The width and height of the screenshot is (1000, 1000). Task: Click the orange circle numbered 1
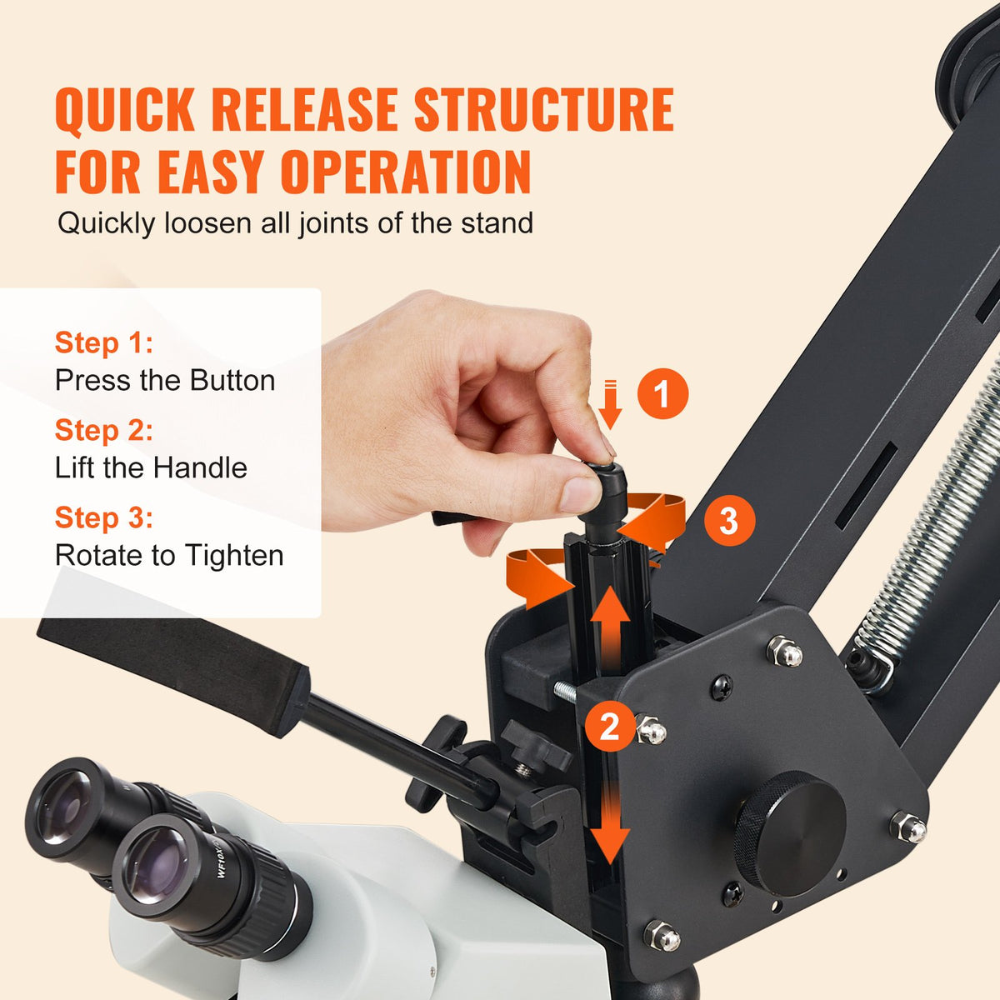[x=662, y=393]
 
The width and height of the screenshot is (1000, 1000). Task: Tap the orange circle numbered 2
[x=609, y=727]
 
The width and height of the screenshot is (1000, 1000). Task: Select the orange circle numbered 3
[x=728, y=521]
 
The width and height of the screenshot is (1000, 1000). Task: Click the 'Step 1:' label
[x=104, y=342]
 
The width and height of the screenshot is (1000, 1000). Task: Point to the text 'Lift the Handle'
[x=151, y=467]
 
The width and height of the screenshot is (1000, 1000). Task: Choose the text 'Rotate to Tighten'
[x=169, y=555]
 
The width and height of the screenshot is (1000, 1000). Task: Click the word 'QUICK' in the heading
[x=125, y=110]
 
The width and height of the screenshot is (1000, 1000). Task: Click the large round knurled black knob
[x=788, y=832]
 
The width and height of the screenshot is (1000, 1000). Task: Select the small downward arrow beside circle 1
[x=611, y=404]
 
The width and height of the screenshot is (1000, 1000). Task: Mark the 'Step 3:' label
[x=104, y=517]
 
